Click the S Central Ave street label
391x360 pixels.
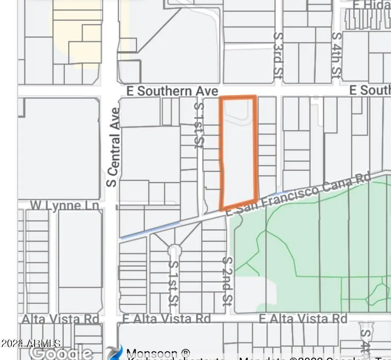pos(113,147)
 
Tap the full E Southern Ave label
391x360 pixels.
pos(172,91)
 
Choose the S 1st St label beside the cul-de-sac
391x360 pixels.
pos(174,284)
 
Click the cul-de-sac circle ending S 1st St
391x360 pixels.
pos(174,250)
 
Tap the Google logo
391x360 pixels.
pos(61,354)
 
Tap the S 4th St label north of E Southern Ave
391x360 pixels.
pos(336,55)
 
